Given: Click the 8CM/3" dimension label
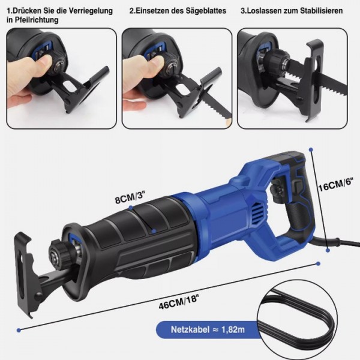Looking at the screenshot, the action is click(130, 197).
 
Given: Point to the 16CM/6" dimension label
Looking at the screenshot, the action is click(335, 185).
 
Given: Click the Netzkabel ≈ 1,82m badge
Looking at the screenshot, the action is click(206, 329).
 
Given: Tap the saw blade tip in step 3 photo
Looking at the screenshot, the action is click(346, 88).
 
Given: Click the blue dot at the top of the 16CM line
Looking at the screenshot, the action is click(311, 149).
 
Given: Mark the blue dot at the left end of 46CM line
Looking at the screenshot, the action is click(19, 330).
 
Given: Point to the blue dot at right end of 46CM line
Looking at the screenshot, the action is click(318, 263).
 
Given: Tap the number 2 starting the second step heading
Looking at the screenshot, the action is click(131, 11).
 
